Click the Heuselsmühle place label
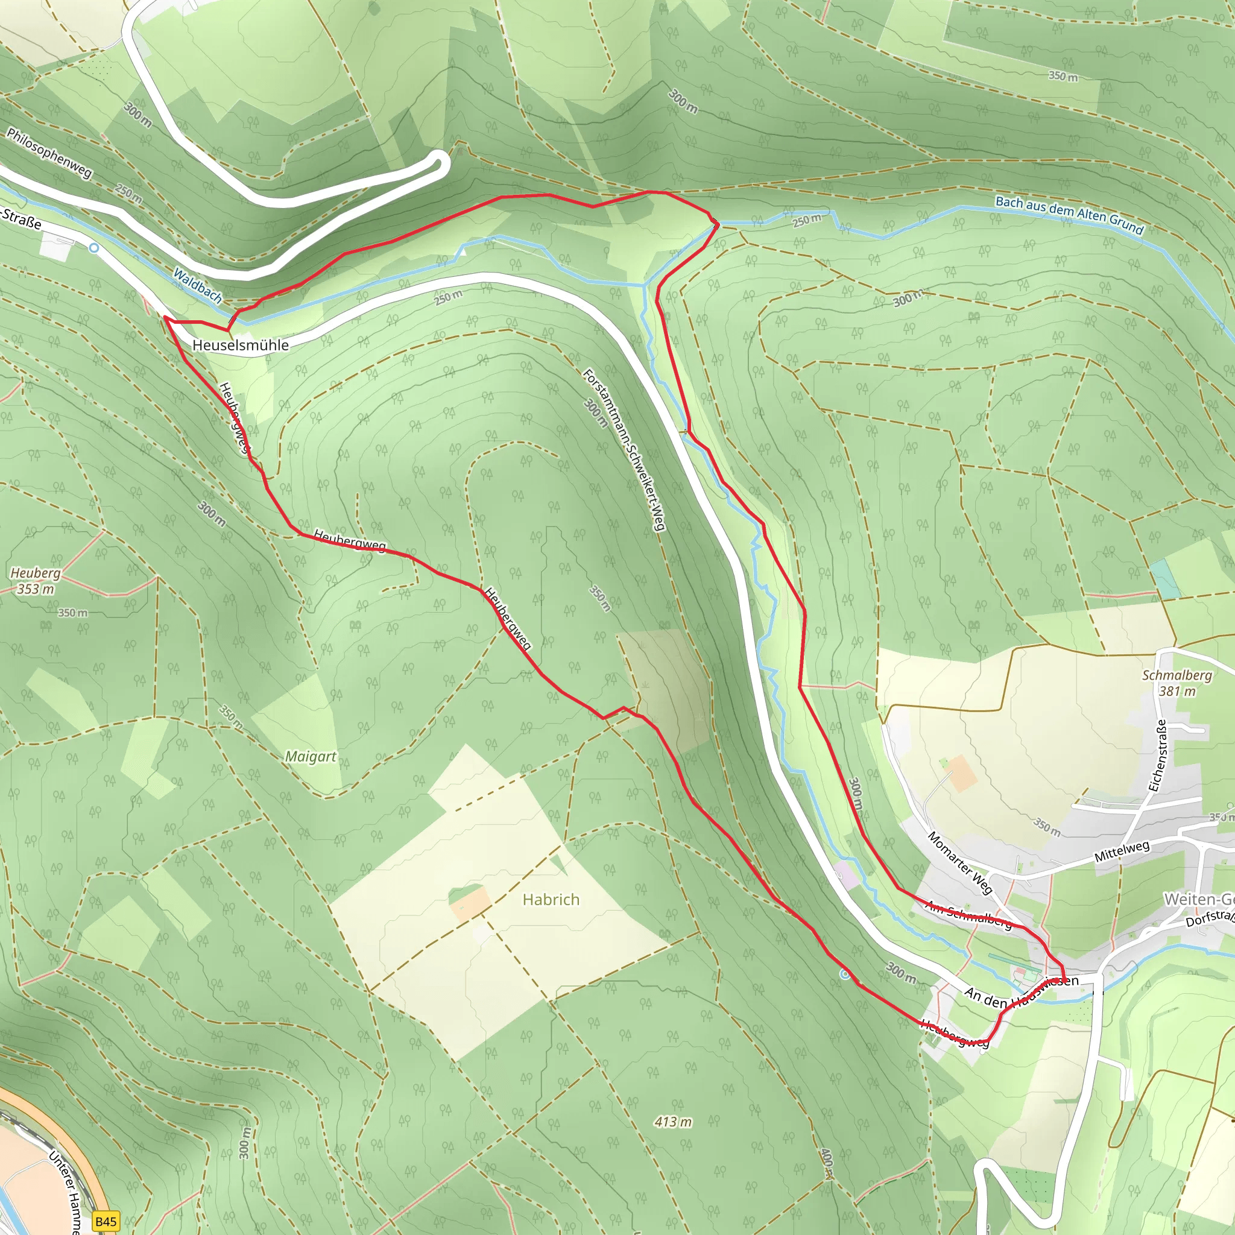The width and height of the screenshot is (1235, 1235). pyautogui.click(x=241, y=345)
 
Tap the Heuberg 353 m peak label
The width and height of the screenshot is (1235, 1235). pyautogui.click(x=35, y=581)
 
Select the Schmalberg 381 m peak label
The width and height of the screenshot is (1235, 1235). pyautogui.click(x=1177, y=683)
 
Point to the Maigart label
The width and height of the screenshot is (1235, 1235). pyautogui.click(x=311, y=756)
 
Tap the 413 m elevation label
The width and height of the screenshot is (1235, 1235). pyautogui.click(x=673, y=1121)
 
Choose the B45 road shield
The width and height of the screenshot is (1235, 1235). pyautogui.click(x=106, y=1222)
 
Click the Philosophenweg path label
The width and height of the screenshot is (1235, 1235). pyautogui.click(x=50, y=153)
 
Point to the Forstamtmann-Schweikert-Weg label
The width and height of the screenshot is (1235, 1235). pyautogui.click(x=625, y=449)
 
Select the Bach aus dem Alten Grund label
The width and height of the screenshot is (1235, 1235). pyautogui.click(x=1069, y=214)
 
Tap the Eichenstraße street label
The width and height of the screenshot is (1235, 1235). pyautogui.click(x=1158, y=756)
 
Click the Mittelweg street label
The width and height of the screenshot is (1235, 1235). pyautogui.click(x=1122, y=851)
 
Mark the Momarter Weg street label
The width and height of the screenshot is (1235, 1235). pyautogui.click(x=959, y=862)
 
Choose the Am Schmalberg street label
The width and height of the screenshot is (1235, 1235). pyautogui.click(x=968, y=914)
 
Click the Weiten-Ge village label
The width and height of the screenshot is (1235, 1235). pyautogui.click(x=1199, y=899)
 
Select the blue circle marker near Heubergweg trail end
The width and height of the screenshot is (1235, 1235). pyautogui.click(x=845, y=974)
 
